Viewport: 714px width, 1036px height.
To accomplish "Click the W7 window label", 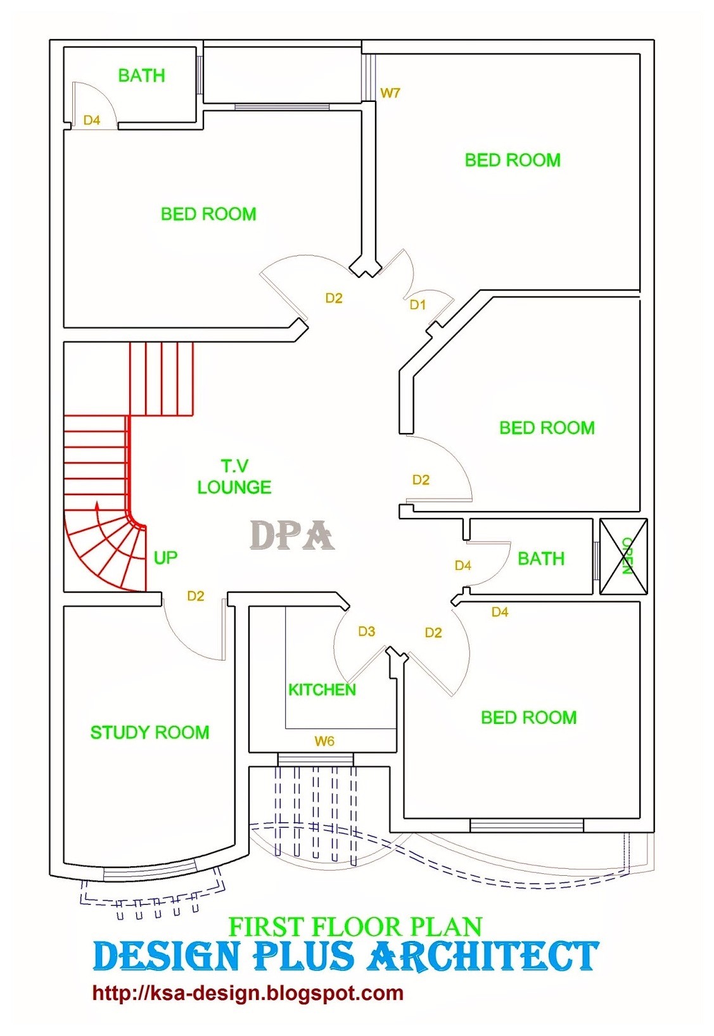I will tap(390, 93).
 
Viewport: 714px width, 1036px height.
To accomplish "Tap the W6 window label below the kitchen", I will tap(324, 741).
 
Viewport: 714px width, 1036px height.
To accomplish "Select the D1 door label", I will tap(418, 305).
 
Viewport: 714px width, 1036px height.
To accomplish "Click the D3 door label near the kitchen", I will tap(366, 631).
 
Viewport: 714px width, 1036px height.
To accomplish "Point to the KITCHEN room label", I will tap(322, 690).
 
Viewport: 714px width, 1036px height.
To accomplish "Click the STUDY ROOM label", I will tap(150, 733).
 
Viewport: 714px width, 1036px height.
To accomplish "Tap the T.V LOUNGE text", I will tap(234, 477).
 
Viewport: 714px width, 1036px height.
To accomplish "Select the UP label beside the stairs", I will tap(165, 558).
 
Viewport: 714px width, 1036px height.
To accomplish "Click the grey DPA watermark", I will tap(292, 536).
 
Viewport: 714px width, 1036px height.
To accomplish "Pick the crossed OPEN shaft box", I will tap(623, 556).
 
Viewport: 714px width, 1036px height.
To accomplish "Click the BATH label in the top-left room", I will tap(141, 76).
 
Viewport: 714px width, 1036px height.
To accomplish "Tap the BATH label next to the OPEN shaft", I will tap(540, 559).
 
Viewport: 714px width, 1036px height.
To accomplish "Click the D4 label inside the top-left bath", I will tap(92, 120).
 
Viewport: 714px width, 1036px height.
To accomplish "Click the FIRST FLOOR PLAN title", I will tap(355, 927).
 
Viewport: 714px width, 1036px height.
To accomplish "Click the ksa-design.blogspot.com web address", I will tap(248, 993).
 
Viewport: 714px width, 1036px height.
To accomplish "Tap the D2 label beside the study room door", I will tap(195, 596).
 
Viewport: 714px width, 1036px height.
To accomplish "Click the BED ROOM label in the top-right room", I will tap(513, 160).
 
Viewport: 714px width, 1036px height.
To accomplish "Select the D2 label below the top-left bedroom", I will tap(334, 298).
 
